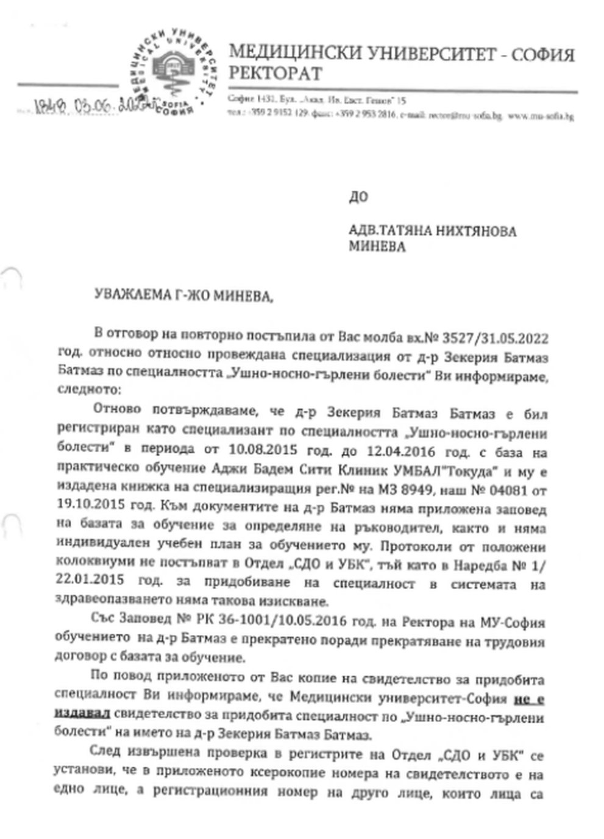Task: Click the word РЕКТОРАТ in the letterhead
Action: point(275,74)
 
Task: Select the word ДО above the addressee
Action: point(358,196)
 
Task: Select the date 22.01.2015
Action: point(90,579)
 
